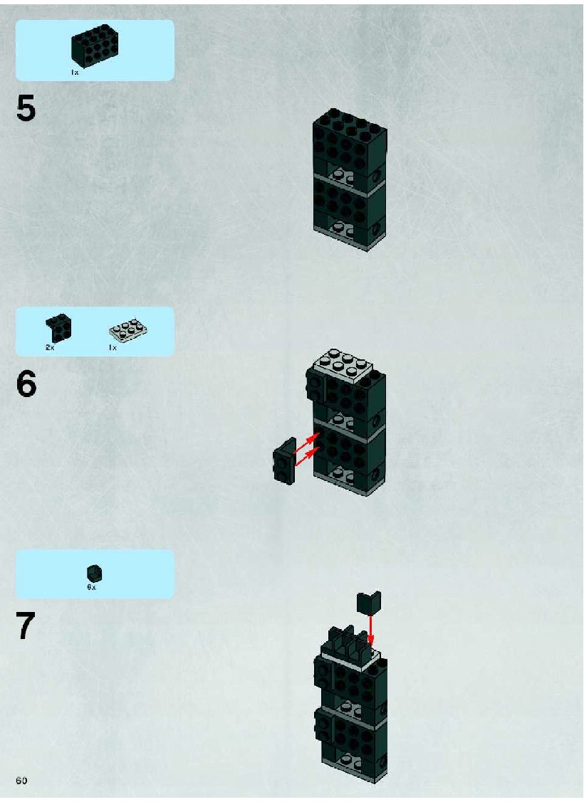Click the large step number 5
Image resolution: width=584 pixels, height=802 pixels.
coord(26,108)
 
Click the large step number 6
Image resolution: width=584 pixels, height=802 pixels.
coord(26,384)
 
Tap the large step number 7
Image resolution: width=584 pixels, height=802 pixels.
coord(26,626)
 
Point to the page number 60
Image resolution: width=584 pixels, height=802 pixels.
coord(21,781)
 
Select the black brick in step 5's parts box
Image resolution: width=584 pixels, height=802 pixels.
coord(95,47)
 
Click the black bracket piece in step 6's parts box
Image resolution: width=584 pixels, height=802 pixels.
coord(58,327)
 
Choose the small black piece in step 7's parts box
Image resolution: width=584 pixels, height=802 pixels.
coord(95,574)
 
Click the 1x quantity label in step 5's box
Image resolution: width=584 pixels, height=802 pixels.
coord(75,73)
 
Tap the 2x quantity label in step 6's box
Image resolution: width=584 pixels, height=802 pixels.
coord(50,347)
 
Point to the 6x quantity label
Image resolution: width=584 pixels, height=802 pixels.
coord(91,587)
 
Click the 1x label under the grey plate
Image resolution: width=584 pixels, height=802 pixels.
coord(113,347)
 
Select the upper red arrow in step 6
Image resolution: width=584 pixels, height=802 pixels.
coord(307,443)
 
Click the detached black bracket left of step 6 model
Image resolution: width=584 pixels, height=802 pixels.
coord(285,460)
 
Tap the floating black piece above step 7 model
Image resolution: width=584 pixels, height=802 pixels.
coord(369,602)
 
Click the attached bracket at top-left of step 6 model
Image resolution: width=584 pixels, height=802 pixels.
coord(315,386)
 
